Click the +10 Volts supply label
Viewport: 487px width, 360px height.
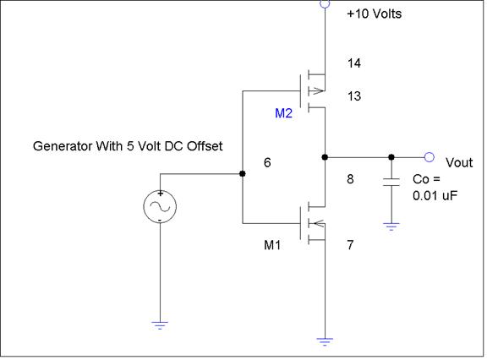click(x=374, y=14)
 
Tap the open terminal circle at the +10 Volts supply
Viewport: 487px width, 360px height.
click(x=325, y=3)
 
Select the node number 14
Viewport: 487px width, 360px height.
click(x=354, y=63)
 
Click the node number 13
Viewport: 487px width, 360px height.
click(x=354, y=95)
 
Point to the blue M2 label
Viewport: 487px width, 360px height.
click(x=283, y=113)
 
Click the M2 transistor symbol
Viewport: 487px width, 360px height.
click(x=313, y=91)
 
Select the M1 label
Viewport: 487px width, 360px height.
click(x=272, y=245)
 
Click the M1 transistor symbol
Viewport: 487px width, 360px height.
click(x=313, y=223)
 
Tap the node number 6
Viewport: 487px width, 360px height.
click(x=267, y=162)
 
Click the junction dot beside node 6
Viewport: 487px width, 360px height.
click(x=243, y=173)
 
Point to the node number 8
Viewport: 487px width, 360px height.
click(x=350, y=179)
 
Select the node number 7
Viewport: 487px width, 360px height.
click(x=350, y=245)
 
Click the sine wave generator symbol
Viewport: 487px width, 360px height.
click(x=160, y=206)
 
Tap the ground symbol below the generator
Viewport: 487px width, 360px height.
click(x=160, y=325)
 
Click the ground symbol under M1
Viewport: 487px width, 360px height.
click(x=325, y=341)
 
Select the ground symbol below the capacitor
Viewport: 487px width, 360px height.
click(x=391, y=226)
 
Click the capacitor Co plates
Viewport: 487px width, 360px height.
click(x=391, y=183)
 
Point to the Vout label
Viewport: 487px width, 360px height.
click(x=459, y=162)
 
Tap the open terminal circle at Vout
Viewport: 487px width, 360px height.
click(x=430, y=157)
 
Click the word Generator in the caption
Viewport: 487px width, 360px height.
click(x=62, y=146)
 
